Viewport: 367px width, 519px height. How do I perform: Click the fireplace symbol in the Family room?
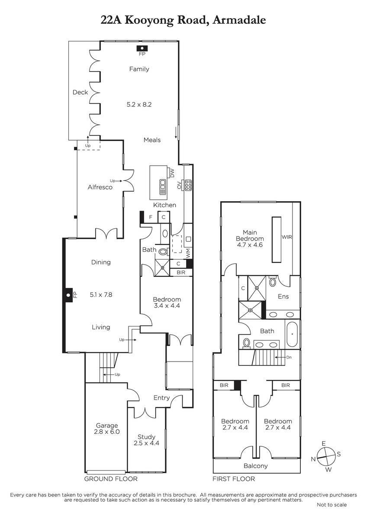pyautogui.click(x=142, y=48)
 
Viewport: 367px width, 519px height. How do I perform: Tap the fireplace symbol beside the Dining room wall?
pyautogui.click(x=68, y=295)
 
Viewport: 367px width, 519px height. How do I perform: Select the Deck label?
pyautogui.click(x=80, y=92)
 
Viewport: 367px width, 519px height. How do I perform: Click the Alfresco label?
pyautogui.click(x=100, y=187)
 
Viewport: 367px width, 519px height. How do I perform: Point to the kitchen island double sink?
pyautogui.click(x=163, y=186)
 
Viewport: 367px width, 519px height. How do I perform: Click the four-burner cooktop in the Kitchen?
pyautogui.click(x=188, y=185)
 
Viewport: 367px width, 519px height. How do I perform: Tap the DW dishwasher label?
pyautogui.click(x=172, y=173)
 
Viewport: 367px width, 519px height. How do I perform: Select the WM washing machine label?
pyautogui.click(x=188, y=253)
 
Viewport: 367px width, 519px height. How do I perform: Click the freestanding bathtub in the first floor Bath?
pyautogui.click(x=293, y=334)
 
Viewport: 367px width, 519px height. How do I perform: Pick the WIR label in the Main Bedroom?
pyautogui.click(x=287, y=237)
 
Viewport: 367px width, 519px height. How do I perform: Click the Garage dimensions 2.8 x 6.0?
pyautogui.click(x=107, y=432)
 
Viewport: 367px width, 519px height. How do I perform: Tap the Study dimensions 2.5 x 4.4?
pyautogui.click(x=147, y=443)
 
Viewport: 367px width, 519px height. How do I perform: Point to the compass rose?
pyautogui.click(x=326, y=456)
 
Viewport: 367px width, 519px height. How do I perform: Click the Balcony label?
pyautogui.click(x=256, y=466)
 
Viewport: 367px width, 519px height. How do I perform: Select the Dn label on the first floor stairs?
pyautogui.click(x=289, y=357)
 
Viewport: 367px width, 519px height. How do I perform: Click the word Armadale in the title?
pyautogui.click(x=239, y=20)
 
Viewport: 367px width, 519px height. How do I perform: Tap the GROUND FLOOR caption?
pyautogui.click(x=111, y=479)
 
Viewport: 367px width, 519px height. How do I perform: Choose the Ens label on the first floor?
pyautogui.click(x=283, y=296)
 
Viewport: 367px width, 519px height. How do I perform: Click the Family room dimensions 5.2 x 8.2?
pyautogui.click(x=139, y=105)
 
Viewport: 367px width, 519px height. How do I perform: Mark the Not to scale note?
pyautogui.click(x=332, y=505)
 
